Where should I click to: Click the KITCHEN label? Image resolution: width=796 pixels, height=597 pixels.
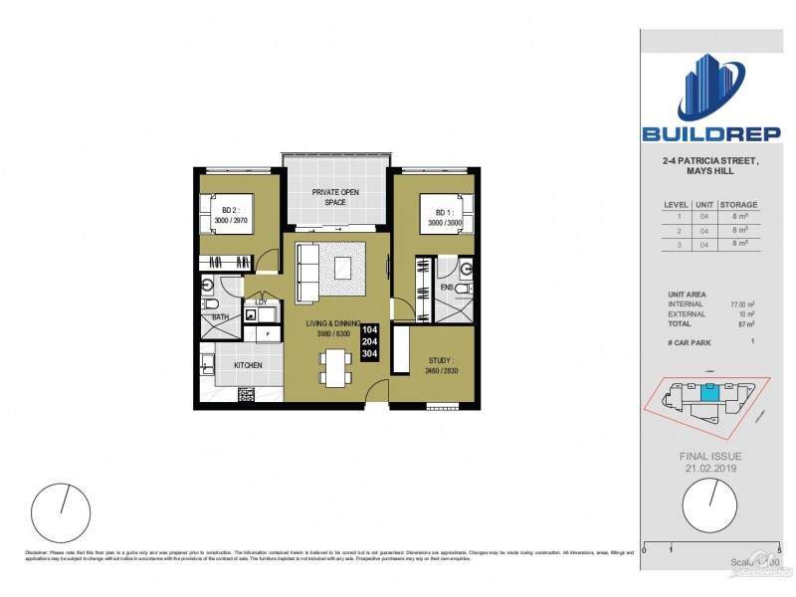click(x=248, y=365)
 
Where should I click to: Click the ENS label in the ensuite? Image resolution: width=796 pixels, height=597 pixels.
click(x=447, y=288)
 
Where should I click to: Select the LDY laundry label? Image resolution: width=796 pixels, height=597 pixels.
click(x=261, y=302)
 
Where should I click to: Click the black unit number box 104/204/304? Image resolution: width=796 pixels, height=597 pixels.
click(x=369, y=341)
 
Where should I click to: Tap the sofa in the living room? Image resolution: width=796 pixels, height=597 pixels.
click(x=306, y=271)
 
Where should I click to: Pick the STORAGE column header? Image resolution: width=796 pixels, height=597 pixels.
click(x=738, y=204)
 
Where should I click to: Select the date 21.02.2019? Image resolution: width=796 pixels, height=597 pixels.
click(x=709, y=467)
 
